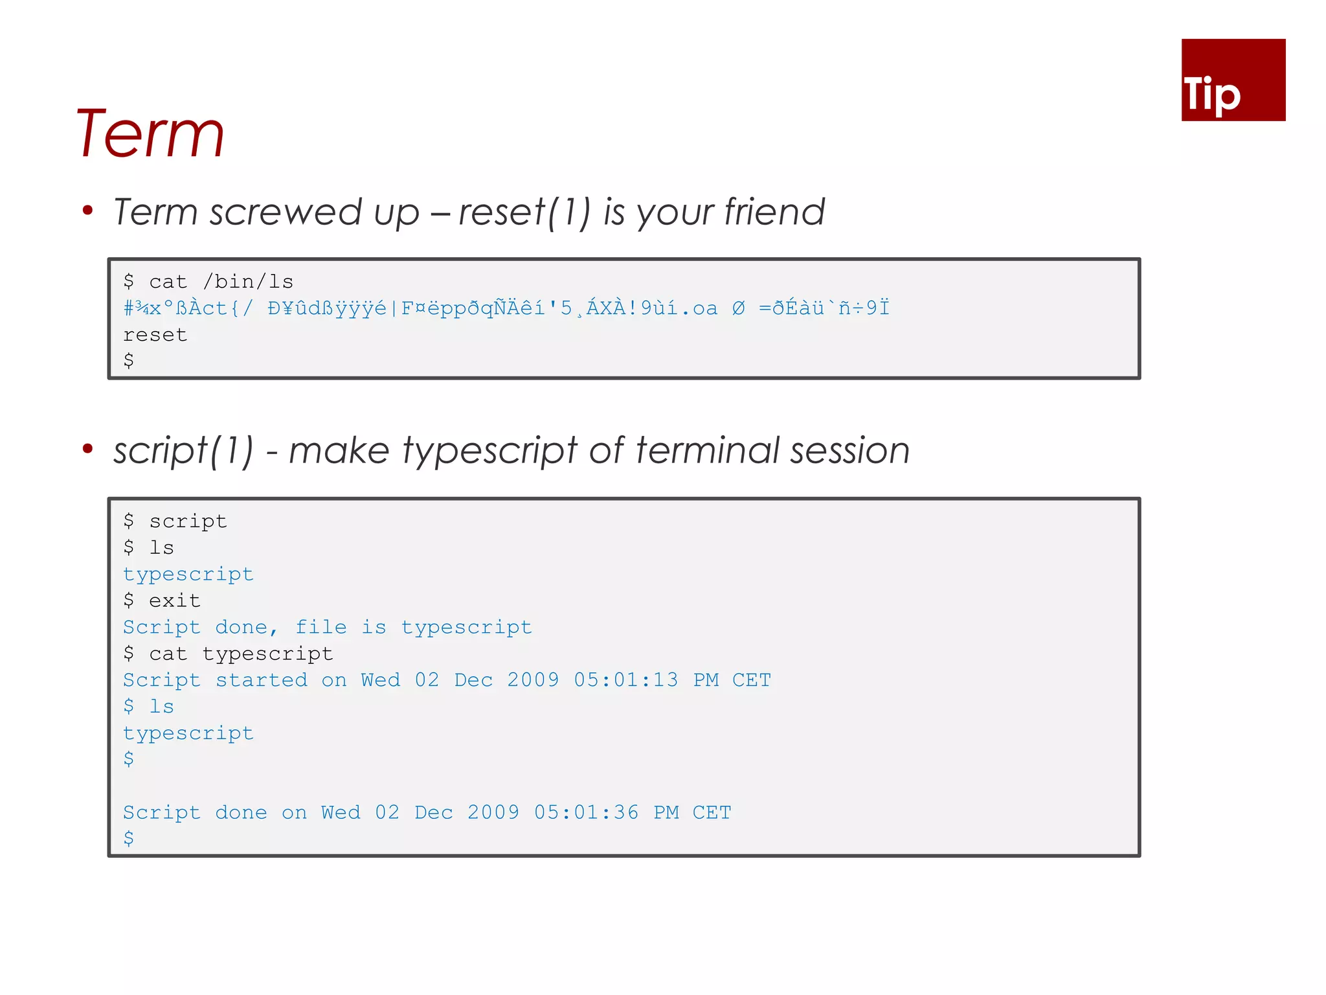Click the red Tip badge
pyautogui.click(x=1233, y=80)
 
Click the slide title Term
pyautogui.click(x=150, y=133)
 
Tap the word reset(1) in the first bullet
pyautogui.click(x=524, y=212)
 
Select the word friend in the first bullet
pyautogui.click(x=774, y=212)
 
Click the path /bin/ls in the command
pyautogui.click(x=248, y=282)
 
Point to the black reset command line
pyautogui.click(x=155, y=335)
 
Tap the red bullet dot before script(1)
pyautogui.click(x=88, y=449)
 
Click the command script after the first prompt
pyautogui.click(x=188, y=521)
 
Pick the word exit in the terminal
pyautogui.click(x=175, y=601)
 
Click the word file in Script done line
pyautogui.click(x=321, y=627)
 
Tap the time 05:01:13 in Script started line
pyautogui.click(x=626, y=680)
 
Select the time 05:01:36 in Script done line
pyautogui.click(x=586, y=812)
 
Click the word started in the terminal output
pyautogui.click(x=262, y=680)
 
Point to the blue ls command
pyautogui.click(x=162, y=707)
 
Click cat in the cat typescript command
pyautogui.click(x=168, y=654)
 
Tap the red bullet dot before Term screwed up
pyautogui.click(x=88, y=210)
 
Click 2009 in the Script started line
pyautogui.click(x=533, y=680)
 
